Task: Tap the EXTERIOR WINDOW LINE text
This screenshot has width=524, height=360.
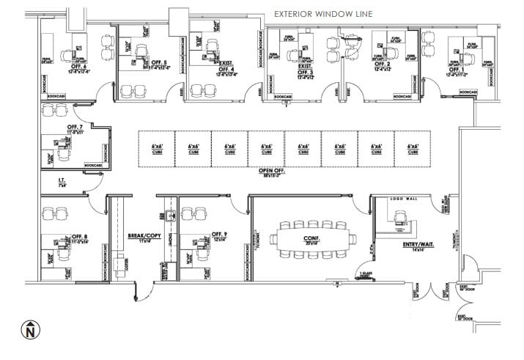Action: pyautogui.click(x=324, y=13)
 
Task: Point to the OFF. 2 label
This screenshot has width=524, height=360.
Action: pyautogui.click(x=381, y=65)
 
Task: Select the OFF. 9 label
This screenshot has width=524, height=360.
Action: pyautogui.click(x=220, y=235)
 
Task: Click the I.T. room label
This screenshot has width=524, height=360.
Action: pyautogui.click(x=63, y=180)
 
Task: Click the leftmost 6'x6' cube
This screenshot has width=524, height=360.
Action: pyautogui.click(x=157, y=150)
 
